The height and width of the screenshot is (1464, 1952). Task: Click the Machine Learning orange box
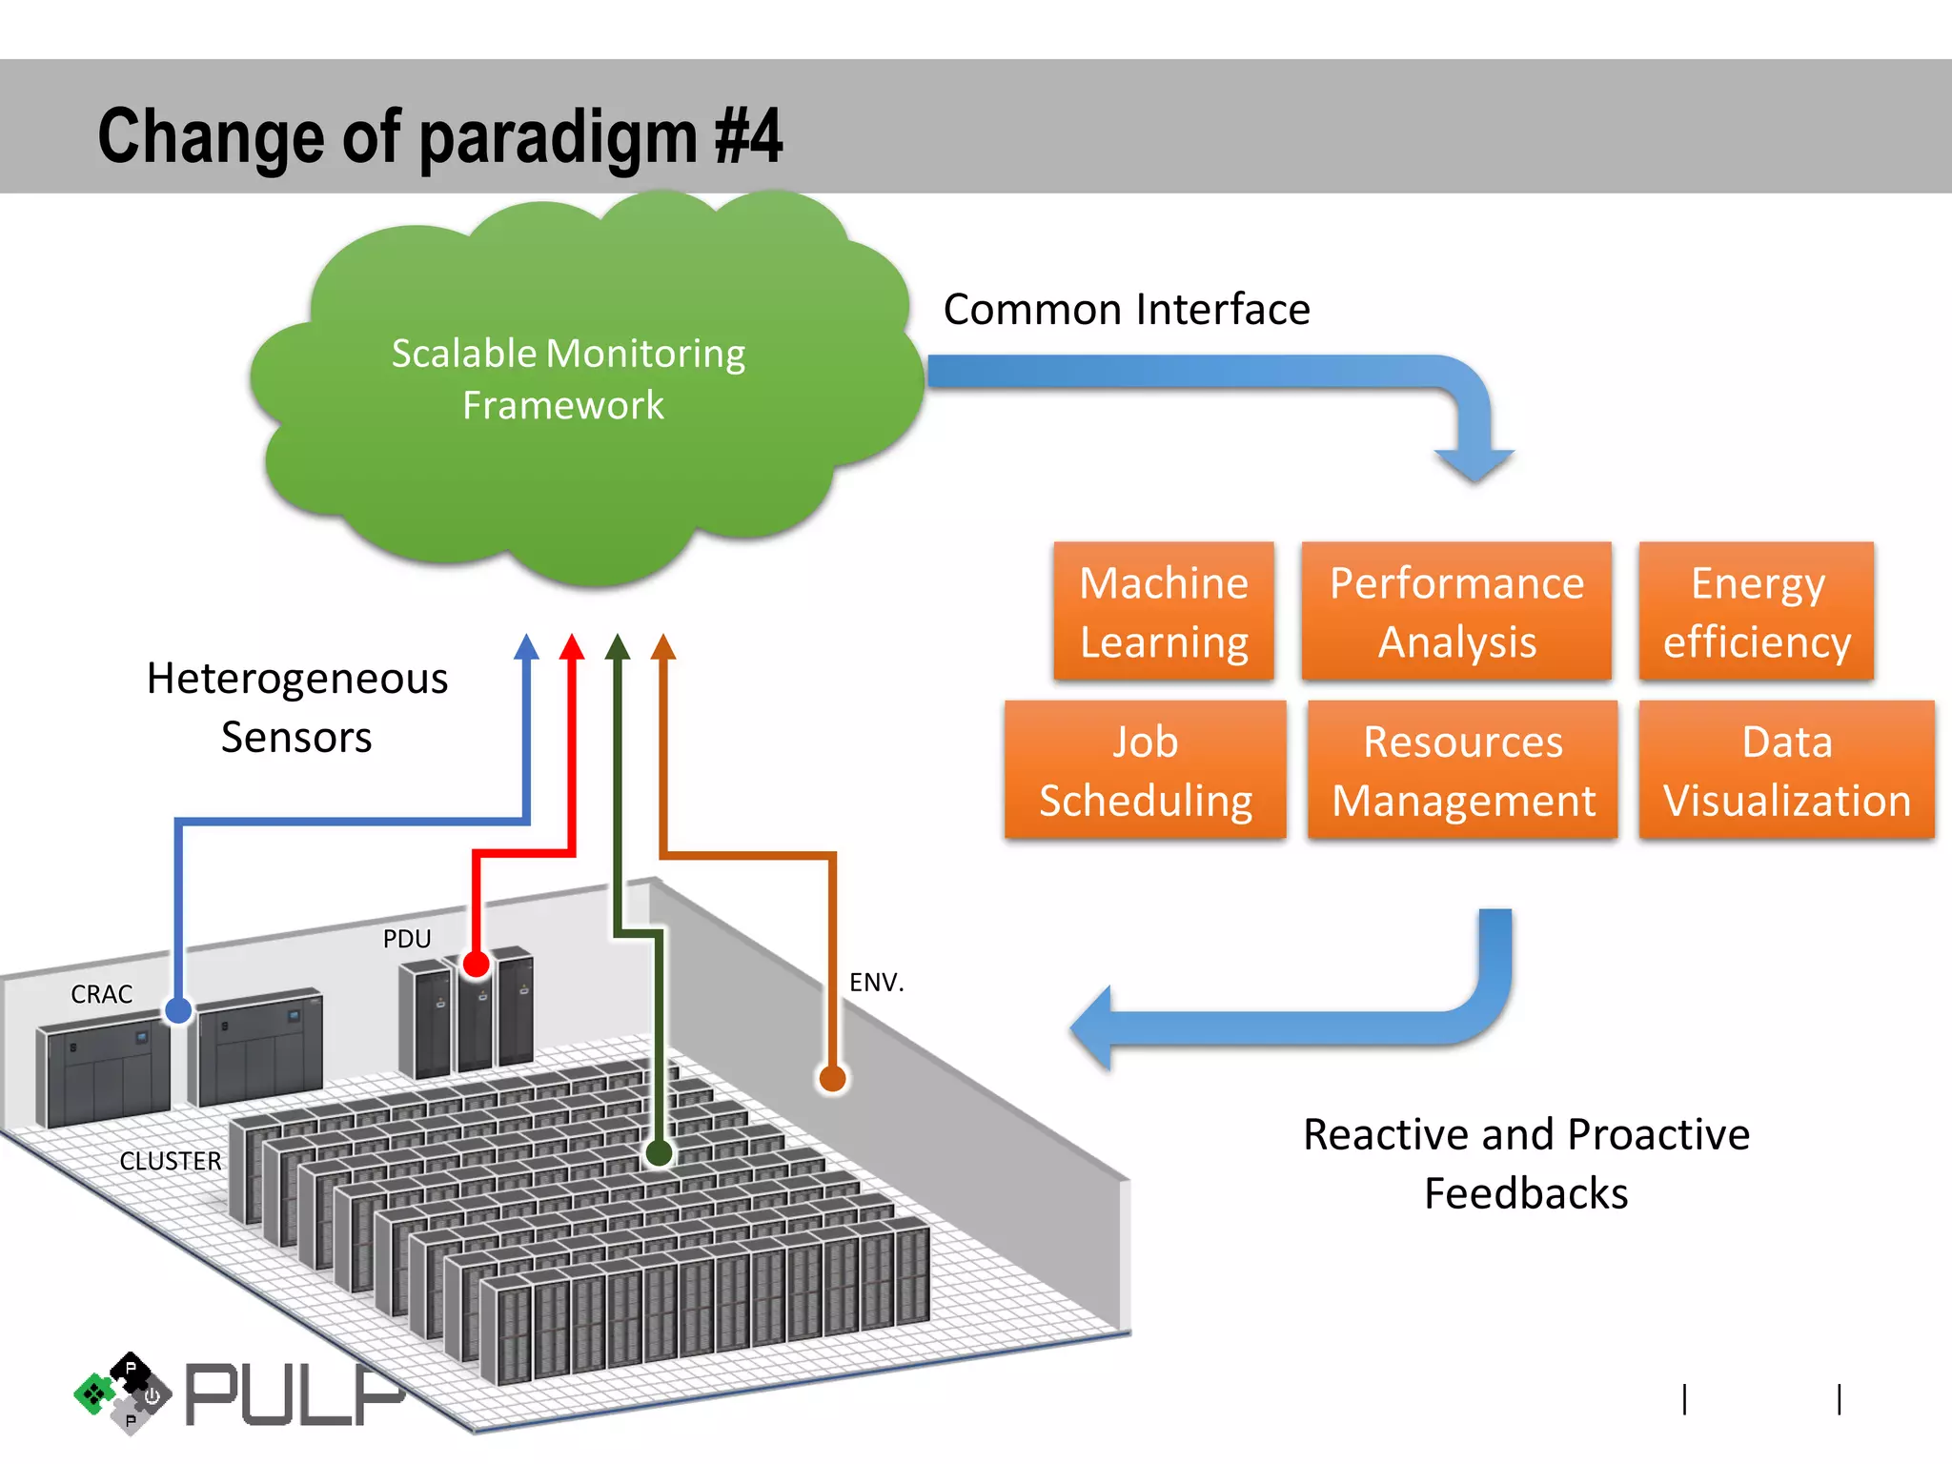click(x=1164, y=612)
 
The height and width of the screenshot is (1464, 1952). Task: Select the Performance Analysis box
click(x=1456, y=612)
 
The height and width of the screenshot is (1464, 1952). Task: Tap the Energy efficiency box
click(x=1757, y=612)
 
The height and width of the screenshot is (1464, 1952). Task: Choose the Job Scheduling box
click(x=1146, y=770)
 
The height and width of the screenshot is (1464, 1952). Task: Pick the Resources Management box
click(x=1463, y=770)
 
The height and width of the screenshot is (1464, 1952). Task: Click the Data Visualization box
click(x=1787, y=770)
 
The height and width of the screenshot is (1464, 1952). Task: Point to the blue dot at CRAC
click(x=178, y=1010)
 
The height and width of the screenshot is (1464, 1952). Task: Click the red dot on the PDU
click(x=476, y=965)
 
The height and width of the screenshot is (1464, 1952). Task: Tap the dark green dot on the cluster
click(x=659, y=1153)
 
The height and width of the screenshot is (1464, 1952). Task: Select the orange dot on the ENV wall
click(x=832, y=1079)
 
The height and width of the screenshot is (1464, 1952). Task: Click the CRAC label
click(x=101, y=994)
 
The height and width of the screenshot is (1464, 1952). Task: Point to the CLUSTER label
click(x=171, y=1161)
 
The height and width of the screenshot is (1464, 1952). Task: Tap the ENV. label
click(x=876, y=982)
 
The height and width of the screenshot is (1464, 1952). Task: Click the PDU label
click(x=407, y=939)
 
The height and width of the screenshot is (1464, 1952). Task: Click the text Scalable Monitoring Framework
click(x=568, y=379)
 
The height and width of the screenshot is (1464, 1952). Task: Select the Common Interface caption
click(x=1127, y=310)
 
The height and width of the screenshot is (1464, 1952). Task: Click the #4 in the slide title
click(x=749, y=136)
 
